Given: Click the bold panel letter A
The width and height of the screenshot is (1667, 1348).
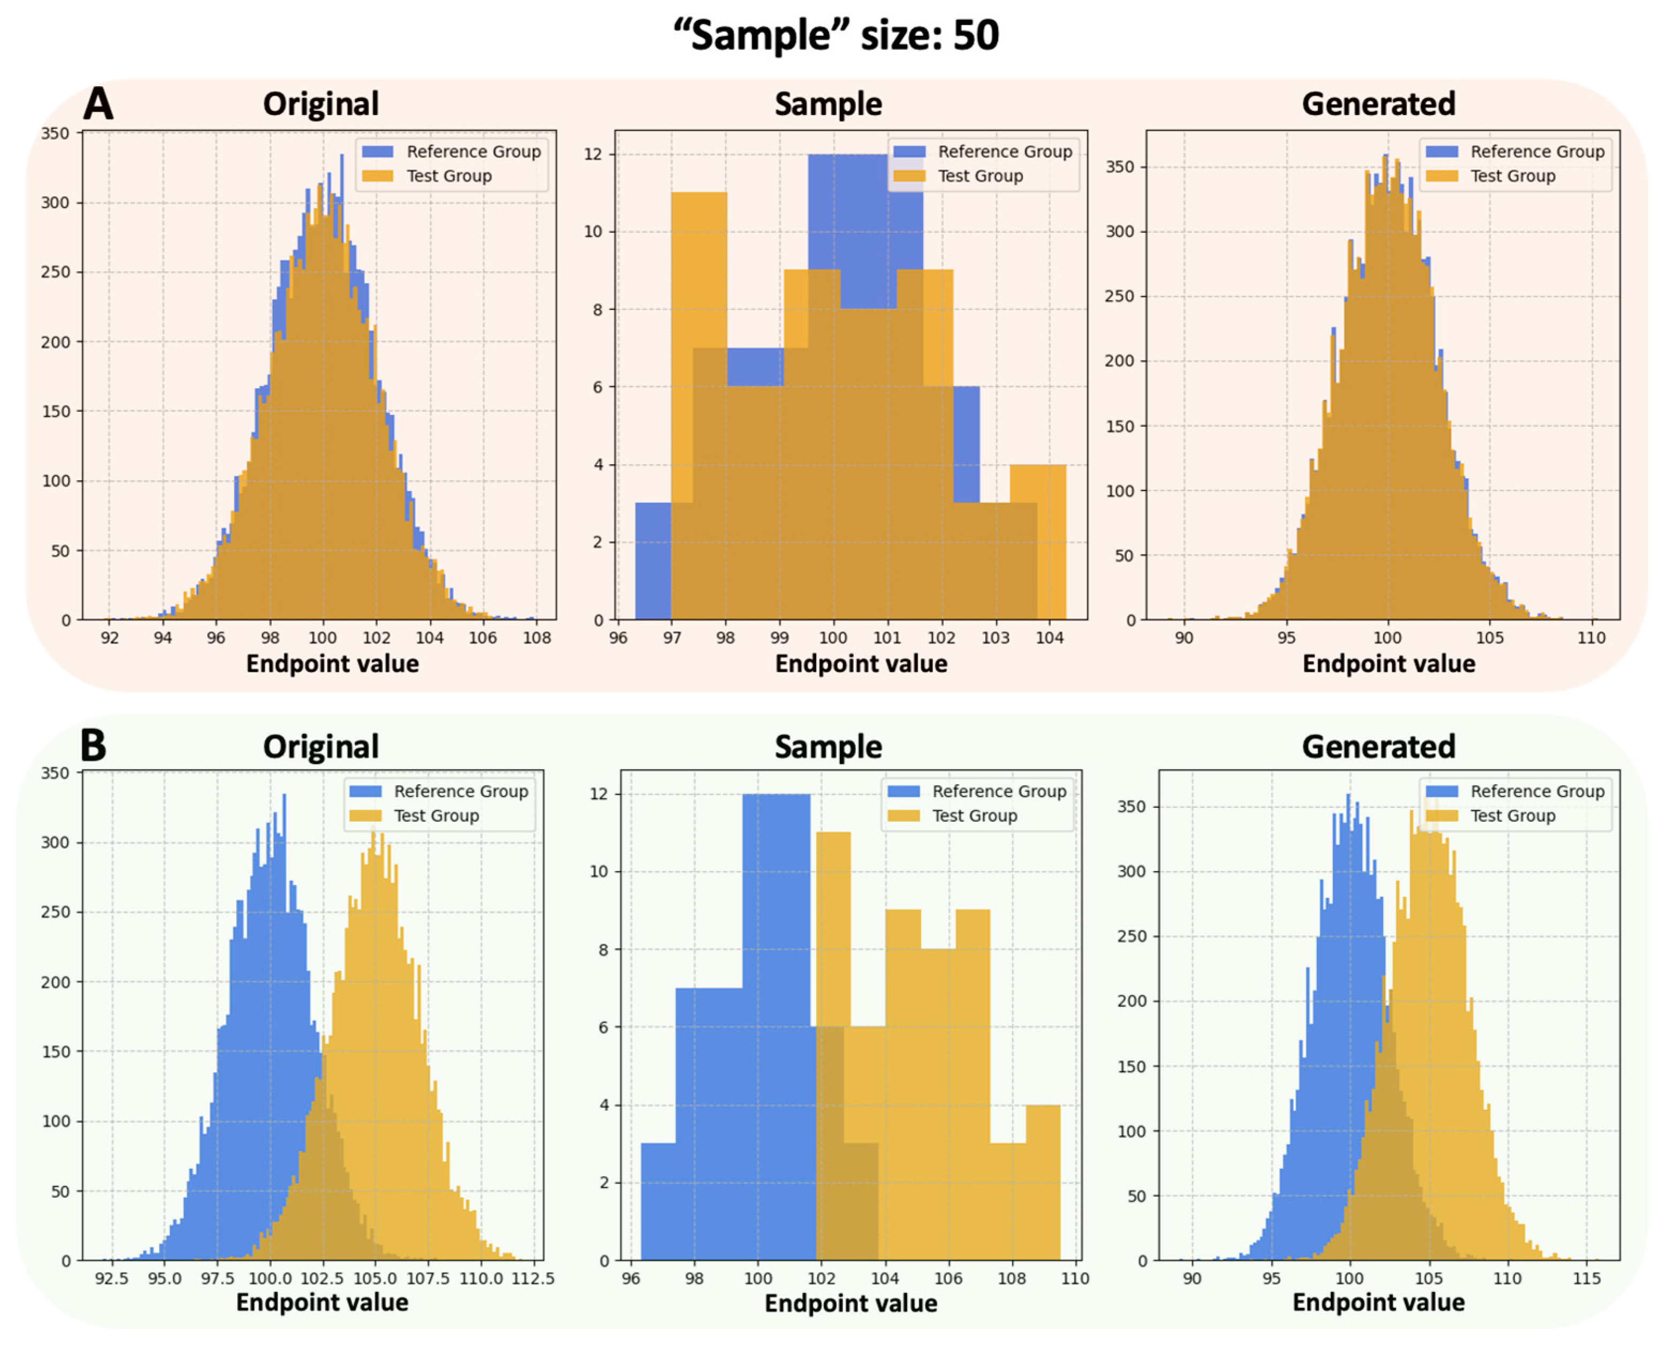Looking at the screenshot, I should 98,103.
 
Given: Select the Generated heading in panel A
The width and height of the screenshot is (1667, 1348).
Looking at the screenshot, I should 1378,104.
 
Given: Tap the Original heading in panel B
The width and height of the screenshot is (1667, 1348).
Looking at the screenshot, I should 320,746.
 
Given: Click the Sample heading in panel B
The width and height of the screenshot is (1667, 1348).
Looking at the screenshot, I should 828,746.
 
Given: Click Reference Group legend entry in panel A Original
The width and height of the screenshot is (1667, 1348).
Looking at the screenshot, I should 472,152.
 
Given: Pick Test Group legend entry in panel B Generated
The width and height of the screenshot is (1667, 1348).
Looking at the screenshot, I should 1512,815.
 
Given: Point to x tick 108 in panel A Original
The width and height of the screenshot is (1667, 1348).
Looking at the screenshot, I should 536,638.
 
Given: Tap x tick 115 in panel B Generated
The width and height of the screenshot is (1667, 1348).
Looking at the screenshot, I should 1586,1278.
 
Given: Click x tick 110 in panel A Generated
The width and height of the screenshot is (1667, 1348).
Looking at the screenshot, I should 1591,638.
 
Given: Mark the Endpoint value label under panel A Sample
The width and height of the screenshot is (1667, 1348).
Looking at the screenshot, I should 861,664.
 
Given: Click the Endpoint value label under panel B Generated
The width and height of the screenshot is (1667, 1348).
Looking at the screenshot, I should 1378,1302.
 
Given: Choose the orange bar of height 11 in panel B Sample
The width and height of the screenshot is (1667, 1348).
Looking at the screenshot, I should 833,932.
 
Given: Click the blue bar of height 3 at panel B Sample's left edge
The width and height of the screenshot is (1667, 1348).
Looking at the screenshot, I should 658,1203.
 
